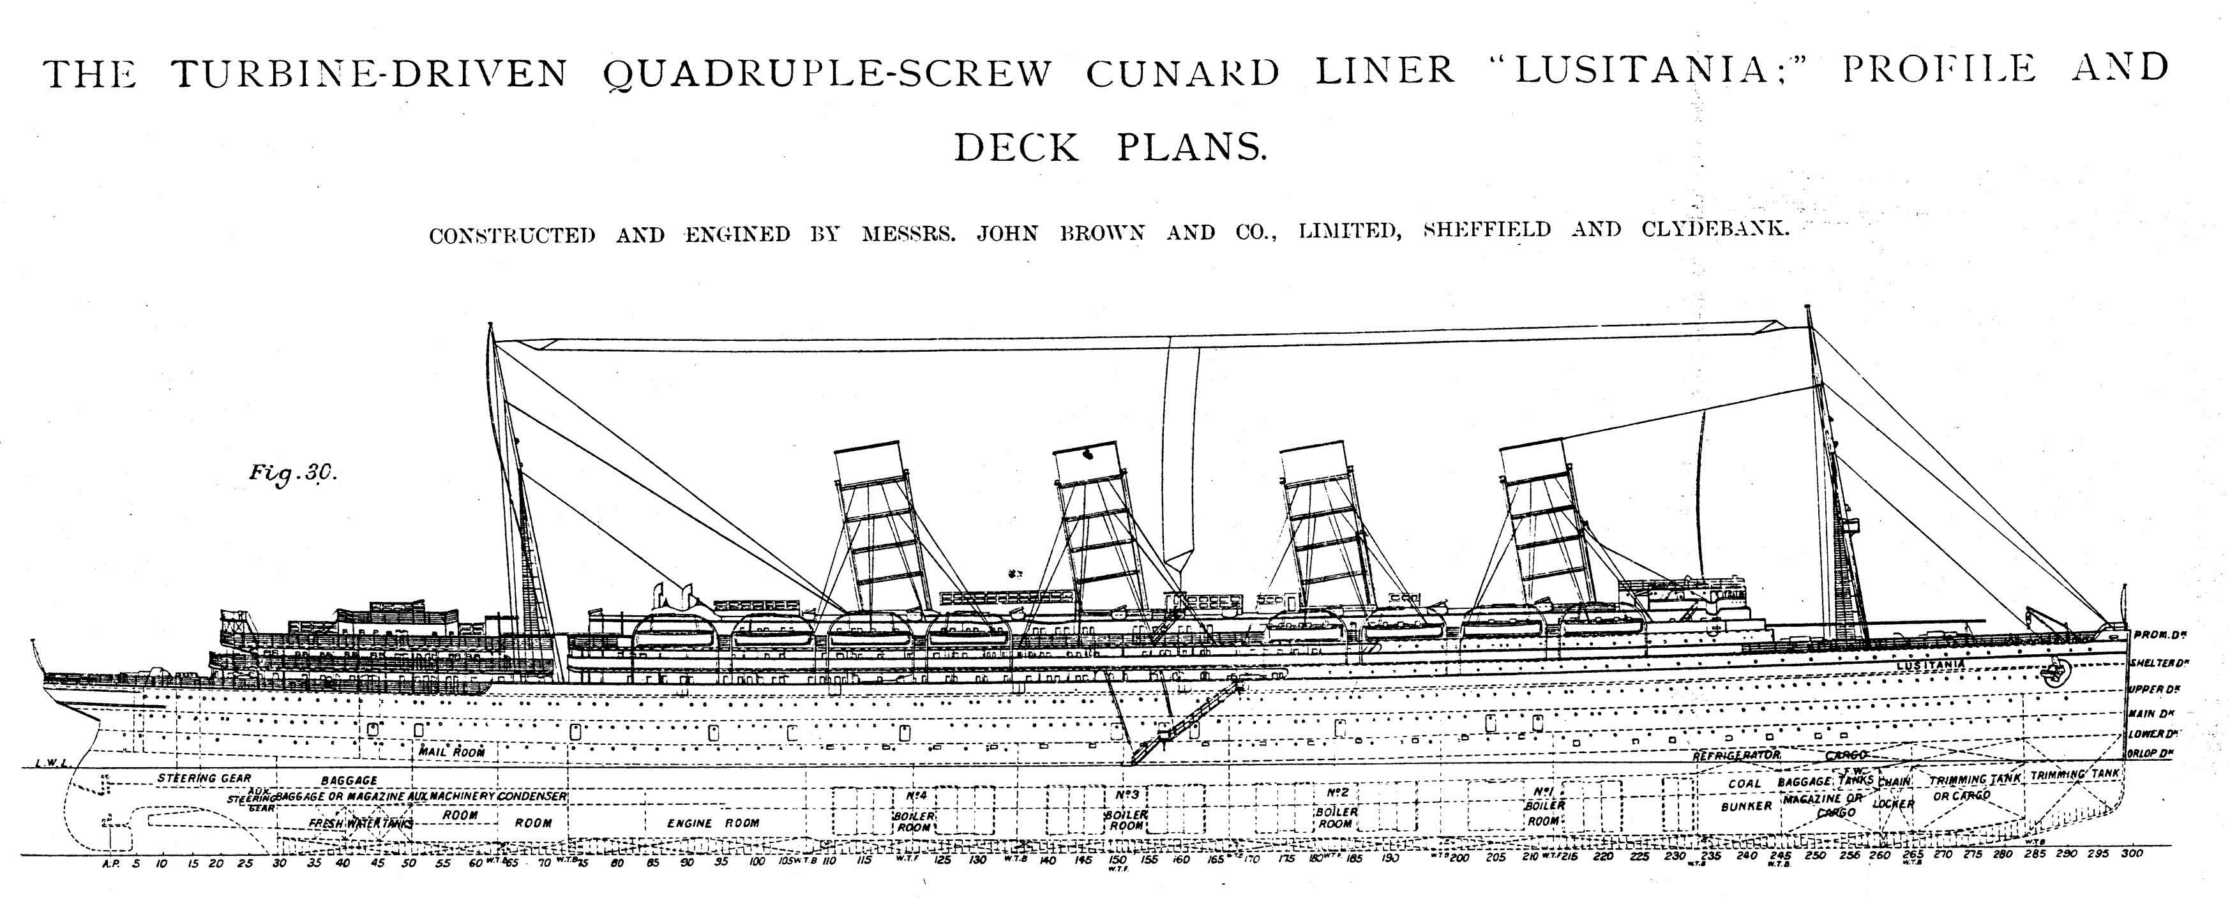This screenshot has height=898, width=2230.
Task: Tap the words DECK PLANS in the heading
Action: tap(1110, 148)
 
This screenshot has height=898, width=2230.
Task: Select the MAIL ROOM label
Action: tap(452, 752)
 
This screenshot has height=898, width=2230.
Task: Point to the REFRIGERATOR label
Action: tap(1736, 755)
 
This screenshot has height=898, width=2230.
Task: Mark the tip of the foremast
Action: tap(1807, 307)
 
